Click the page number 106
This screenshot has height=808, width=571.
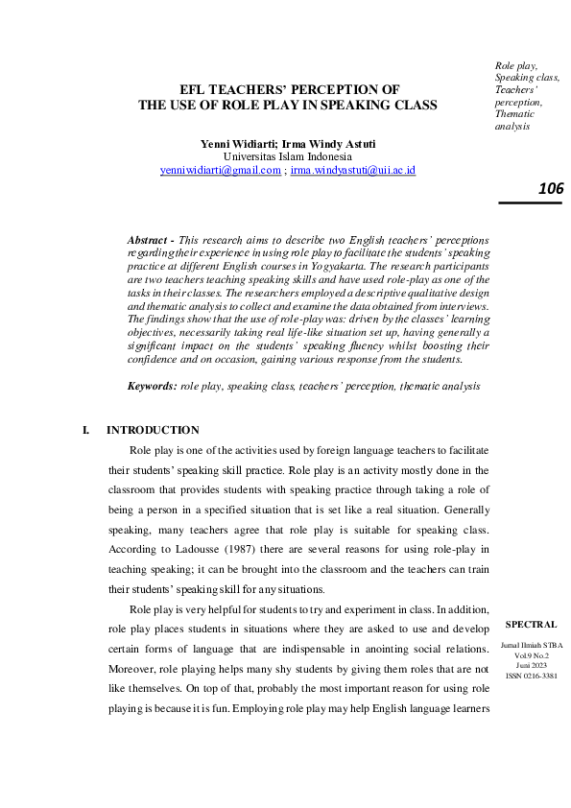coord(550,189)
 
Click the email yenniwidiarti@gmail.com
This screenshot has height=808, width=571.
coord(220,170)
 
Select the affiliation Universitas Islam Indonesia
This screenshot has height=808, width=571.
coord(287,156)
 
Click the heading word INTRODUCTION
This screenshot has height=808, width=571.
coord(153,430)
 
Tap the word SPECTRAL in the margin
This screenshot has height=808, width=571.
coord(531,624)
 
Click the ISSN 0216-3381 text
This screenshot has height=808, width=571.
coord(531,675)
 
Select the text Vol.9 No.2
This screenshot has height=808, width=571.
coord(531,654)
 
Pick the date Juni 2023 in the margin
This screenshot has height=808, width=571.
coord(531,664)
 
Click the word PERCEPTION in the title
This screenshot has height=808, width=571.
coord(341,90)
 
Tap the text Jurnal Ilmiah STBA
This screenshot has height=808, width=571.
coord(531,643)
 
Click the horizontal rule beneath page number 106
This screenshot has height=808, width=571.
coord(531,202)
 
